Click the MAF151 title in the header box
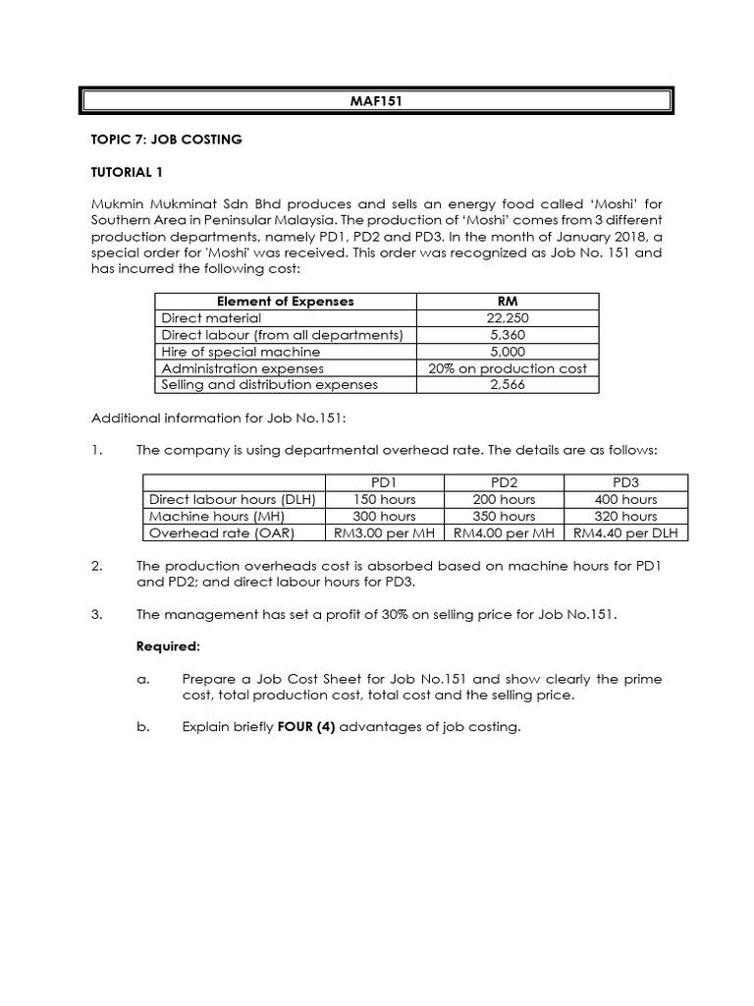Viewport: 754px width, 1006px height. point(377,101)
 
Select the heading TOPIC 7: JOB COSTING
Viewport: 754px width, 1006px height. point(166,140)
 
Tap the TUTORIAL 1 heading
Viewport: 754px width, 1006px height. point(127,173)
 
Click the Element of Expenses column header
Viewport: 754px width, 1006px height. point(285,302)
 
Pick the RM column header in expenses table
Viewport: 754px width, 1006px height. point(508,302)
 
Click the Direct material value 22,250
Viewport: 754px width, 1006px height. point(507,318)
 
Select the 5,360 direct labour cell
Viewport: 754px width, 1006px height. point(507,335)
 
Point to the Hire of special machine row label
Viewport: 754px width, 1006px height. point(241,352)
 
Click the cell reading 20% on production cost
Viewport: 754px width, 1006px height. point(508,368)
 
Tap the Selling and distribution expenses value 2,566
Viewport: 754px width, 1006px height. point(507,385)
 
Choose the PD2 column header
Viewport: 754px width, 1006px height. point(504,482)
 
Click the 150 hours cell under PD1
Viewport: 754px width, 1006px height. point(384,499)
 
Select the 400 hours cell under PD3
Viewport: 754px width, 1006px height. point(625,499)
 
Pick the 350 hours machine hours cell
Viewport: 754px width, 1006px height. point(504,516)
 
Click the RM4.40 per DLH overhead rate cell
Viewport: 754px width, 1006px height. point(625,532)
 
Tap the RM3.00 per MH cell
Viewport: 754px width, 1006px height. point(384,532)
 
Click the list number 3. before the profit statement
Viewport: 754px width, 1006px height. point(96,615)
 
